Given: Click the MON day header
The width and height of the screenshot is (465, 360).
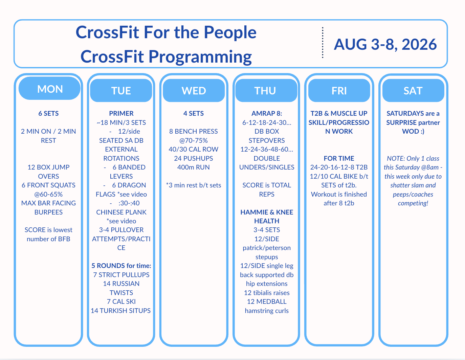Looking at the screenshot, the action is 50,89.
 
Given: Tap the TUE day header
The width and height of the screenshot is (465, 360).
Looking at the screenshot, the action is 121,90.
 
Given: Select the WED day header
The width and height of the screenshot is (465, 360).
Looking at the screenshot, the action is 194,90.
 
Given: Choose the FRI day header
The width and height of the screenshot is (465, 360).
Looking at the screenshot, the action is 339,90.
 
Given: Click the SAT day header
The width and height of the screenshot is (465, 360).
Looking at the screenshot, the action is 413,90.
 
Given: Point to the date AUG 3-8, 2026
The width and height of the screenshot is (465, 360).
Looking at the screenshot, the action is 385,44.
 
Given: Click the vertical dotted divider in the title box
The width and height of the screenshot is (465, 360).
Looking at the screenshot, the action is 323,42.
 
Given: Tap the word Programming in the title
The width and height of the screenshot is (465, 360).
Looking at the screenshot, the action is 200,57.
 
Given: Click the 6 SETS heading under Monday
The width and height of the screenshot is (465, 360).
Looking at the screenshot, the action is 48,113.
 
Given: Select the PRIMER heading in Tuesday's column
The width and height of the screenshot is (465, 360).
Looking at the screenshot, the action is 121,113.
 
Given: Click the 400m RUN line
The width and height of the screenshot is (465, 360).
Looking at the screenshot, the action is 194,167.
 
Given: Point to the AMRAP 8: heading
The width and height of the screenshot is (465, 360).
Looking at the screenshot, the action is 267,113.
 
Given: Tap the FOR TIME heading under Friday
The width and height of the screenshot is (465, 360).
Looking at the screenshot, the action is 339,158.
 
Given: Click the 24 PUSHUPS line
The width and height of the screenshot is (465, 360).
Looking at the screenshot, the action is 194,158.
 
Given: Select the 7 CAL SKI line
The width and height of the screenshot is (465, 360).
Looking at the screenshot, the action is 121,301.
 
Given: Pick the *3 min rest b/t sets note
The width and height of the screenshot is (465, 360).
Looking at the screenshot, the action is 194,185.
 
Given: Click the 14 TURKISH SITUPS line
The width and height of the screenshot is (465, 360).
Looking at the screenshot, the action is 121,311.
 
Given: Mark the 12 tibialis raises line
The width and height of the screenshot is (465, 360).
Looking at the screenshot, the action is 267,293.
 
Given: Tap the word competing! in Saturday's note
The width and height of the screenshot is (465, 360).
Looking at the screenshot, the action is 413,203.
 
